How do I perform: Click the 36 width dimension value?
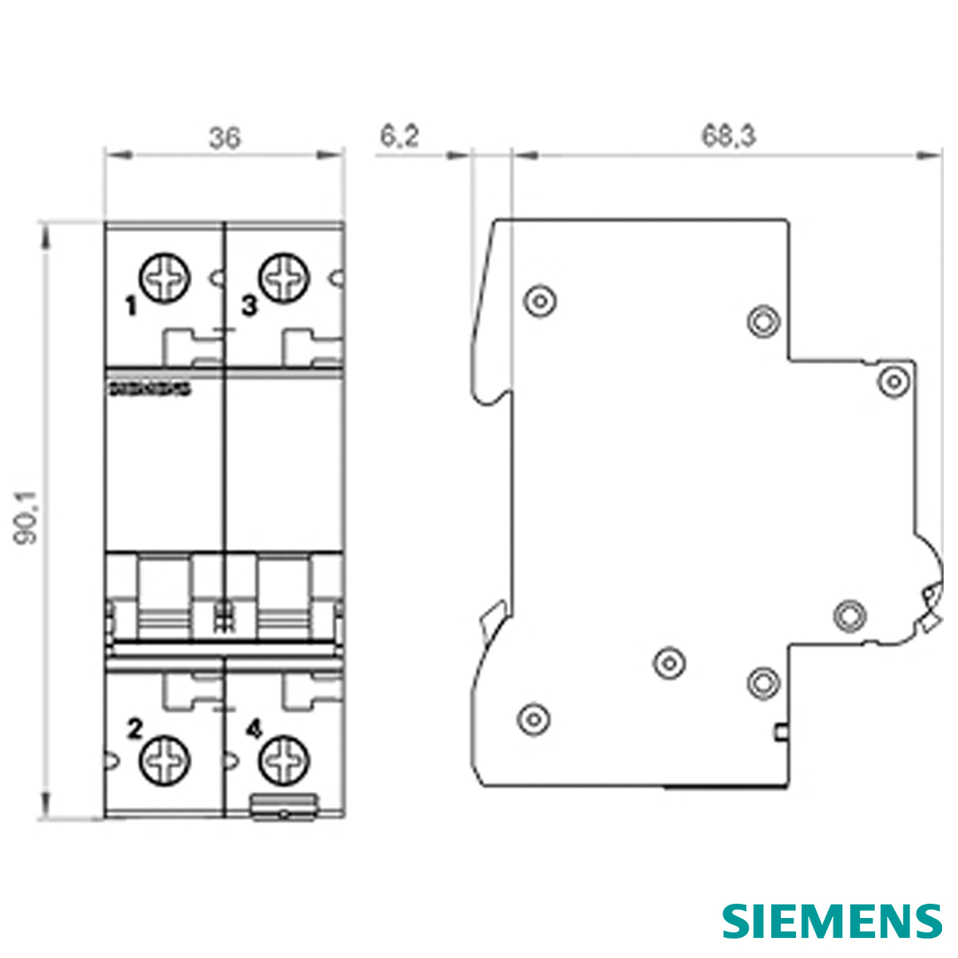pyautogui.click(x=224, y=138)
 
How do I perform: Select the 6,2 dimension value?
pyautogui.click(x=398, y=137)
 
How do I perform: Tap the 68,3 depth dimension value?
pyautogui.click(x=728, y=137)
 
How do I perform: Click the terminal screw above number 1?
pyautogui.click(x=166, y=279)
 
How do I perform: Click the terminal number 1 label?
pyautogui.click(x=131, y=306)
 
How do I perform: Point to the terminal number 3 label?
pyautogui.click(x=250, y=306)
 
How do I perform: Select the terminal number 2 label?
pyautogui.click(x=135, y=728)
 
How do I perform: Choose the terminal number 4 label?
pyautogui.click(x=253, y=728)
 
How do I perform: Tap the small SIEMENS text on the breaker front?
pyautogui.click(x=148, y=390)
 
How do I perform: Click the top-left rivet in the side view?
pyautogui.click(x=540, y=302)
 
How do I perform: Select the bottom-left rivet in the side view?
pyautogui.click(x=533, y=718)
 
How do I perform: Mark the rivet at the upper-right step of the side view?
pyautogui.click(x=893, y=381)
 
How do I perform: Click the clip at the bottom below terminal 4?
pyautogui.click(x=285, y=806)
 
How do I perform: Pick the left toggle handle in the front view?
pyautogui.click(x=165, y=599)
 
